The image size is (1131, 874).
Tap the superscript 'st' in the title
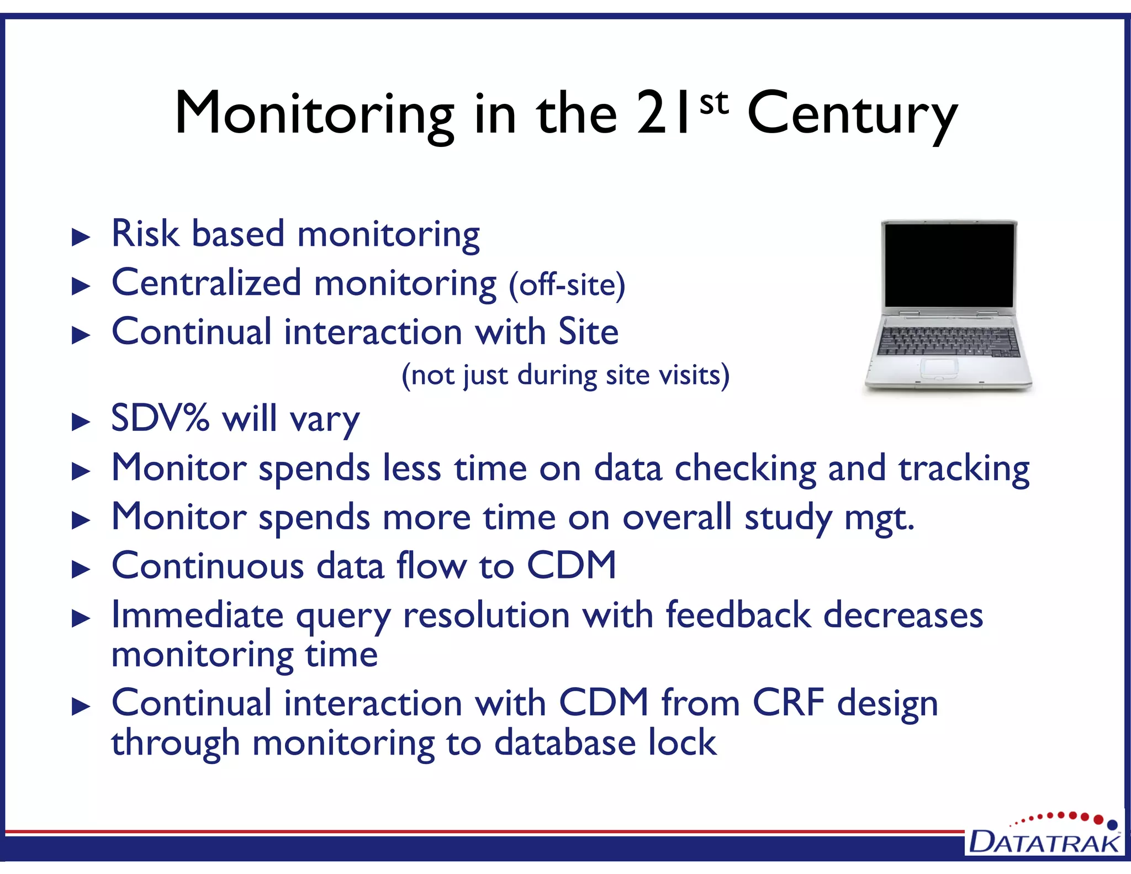[714, 103]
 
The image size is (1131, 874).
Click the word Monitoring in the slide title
[314, 114]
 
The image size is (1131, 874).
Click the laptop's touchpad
[939, 367]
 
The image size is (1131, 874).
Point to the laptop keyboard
[949, 341]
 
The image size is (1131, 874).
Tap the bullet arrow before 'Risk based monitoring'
[81, 238]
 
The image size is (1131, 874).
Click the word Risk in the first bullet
[145, 234]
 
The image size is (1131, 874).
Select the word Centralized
[207, 283]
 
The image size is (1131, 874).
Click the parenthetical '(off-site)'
[567, 285]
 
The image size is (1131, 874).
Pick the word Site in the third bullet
[588, 331]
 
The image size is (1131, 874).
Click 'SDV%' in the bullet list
[160, 418]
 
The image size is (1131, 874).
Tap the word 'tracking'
[964, 469]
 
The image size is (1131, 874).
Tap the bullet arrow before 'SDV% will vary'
[81, 422]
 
